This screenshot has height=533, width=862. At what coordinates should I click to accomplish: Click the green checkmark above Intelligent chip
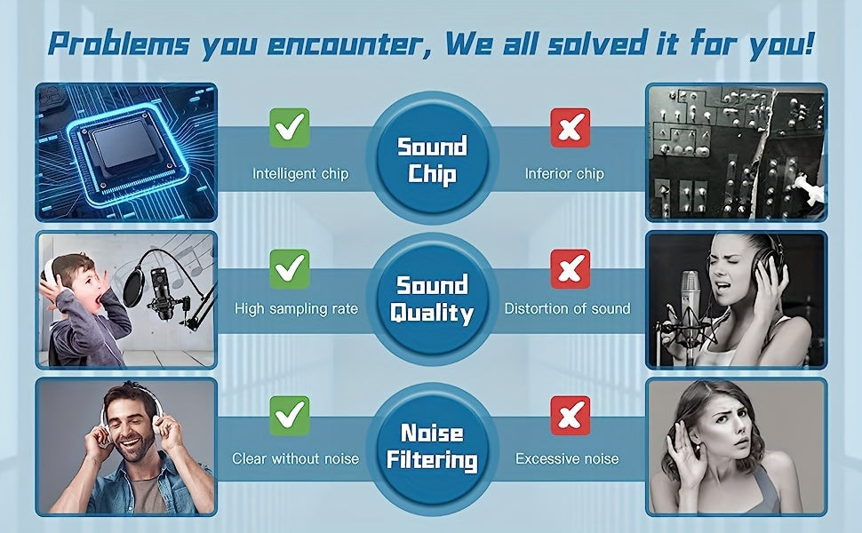(x=289, y=128)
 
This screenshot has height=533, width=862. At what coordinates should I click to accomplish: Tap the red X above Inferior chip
(x=571, y=128)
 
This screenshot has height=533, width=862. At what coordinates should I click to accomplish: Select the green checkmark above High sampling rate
(x=289, y=268)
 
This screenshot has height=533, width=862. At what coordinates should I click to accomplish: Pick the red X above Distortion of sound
(x=571, y=268)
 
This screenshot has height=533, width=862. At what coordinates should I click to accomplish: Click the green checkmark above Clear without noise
(x=289, y=416)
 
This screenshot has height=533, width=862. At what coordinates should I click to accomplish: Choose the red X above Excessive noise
(x=571, y=416)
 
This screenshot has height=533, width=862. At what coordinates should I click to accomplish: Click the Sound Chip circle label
(x=432, y=160)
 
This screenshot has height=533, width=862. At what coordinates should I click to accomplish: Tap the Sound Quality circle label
(x=432, y=298)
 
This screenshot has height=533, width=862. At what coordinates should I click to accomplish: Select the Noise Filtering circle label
(x=432, y=447)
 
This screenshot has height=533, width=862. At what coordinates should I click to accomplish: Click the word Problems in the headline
(x=119, y=43)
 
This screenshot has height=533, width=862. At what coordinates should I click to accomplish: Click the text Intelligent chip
(x=300, y=173)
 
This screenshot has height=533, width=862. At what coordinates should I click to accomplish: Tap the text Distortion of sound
(x=567, y=308)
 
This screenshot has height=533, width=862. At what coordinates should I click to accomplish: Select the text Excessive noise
(x=567, y=458)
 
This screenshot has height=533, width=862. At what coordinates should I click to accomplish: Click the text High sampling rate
(x=296, y=309)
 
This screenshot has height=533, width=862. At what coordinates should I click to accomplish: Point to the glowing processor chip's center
(x=126, y=144)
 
